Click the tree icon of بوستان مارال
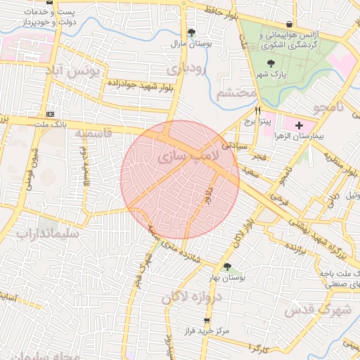[192, 32]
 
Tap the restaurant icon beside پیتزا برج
[258, 110]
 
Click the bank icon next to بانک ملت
[50, 114]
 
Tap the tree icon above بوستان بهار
[226, 266]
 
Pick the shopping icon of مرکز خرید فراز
[207, 320]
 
